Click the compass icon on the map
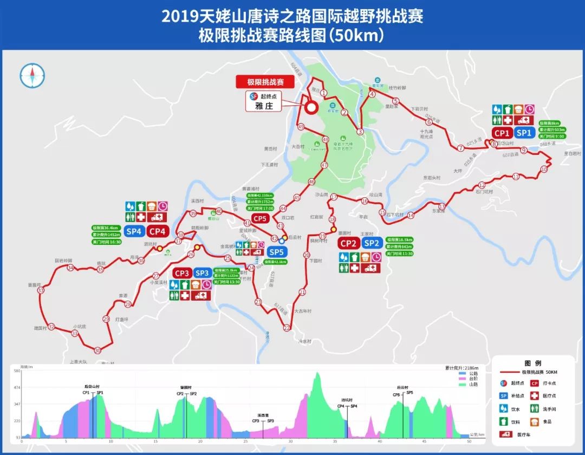point(31,75)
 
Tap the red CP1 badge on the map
point(502,133)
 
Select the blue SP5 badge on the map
point(276,252)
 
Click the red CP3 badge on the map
point(181,273)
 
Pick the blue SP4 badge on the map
point(134,231)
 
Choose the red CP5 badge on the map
point(260,219)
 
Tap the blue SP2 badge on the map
point(371,243)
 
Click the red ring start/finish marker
point(311,107)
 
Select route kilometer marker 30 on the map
point(97,350)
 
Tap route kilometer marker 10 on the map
point(544,170)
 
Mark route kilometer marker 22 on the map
point(286,328)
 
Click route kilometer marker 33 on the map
point(41,291)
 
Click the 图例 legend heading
point(533,363)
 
